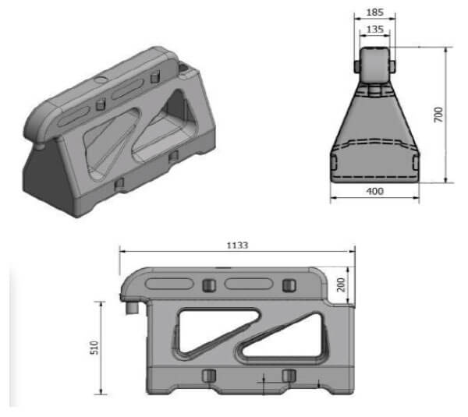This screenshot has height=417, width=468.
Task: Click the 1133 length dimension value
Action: [x=237, y=244]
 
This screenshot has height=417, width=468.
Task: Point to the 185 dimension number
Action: [x=375, y=13]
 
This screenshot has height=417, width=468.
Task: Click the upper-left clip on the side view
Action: [x=208, y=284]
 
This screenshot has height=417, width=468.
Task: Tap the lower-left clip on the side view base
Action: [x=208, y=376]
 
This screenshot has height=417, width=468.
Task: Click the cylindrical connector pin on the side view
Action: [x=129, y=309]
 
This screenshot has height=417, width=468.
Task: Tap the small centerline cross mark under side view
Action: [x=265, y=382]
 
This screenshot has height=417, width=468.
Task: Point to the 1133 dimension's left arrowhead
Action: [x=122, y=251]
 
